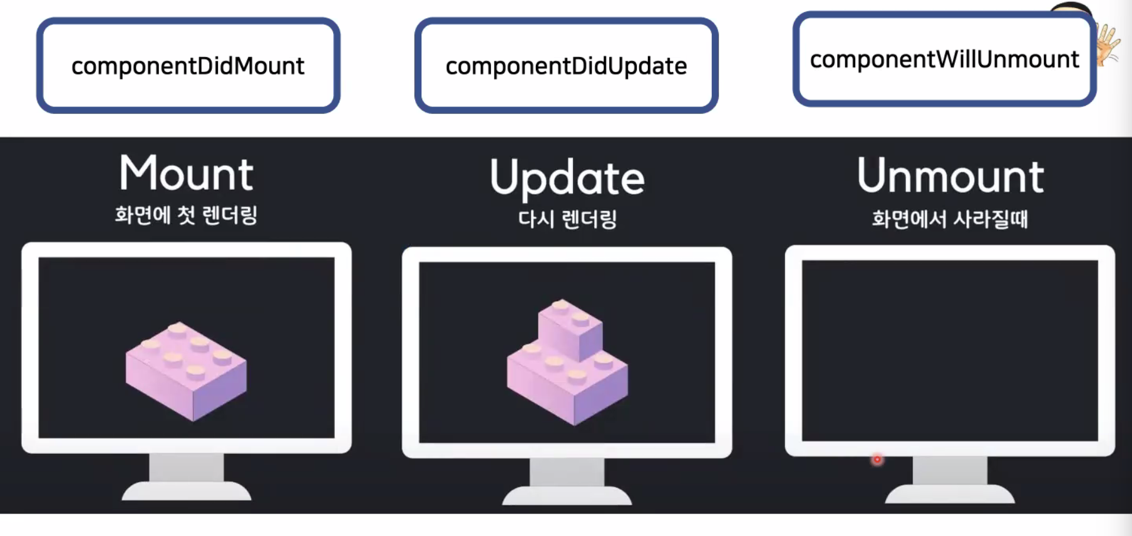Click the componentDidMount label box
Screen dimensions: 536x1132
point(188,66)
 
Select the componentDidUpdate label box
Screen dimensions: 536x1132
point(566,66)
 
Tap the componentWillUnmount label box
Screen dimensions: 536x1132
point(944,59)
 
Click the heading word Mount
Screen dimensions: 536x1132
point(187,173)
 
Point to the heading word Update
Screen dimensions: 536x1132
point(567,178)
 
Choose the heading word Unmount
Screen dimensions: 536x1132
point(950,176)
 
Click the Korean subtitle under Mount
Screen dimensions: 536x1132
point(186,215)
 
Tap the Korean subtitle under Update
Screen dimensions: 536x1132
point(567,219)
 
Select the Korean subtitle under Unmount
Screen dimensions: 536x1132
point(950,219)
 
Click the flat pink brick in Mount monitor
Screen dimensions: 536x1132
point(186,371)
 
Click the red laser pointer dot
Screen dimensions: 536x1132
point(877,460)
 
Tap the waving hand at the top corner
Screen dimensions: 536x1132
point(1108,44)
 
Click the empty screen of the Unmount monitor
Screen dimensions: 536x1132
point(949,351)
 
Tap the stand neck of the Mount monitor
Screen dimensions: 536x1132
point(186,467)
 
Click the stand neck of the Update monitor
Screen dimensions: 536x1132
point(567,472)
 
